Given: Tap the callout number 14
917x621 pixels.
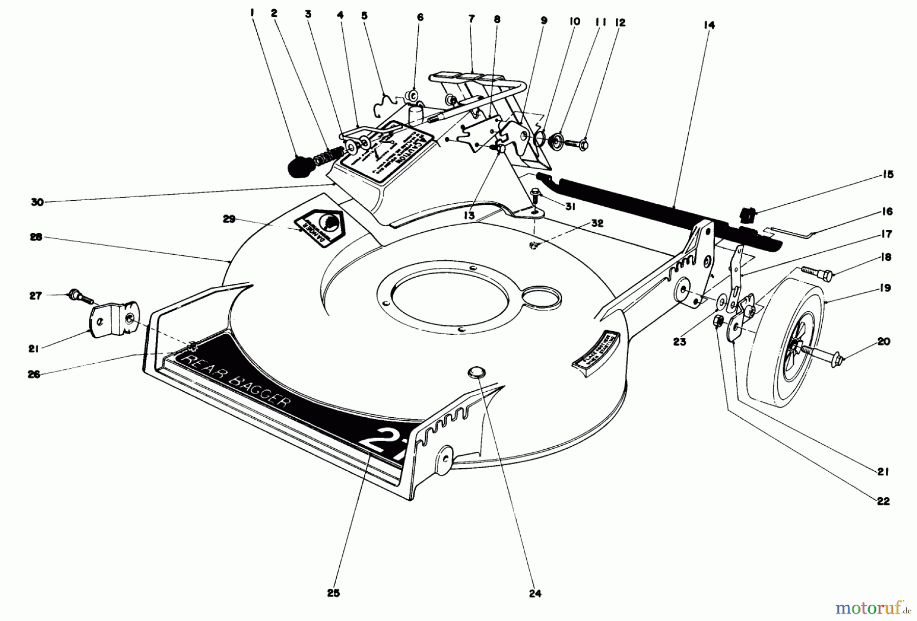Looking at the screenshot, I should click(710, 25).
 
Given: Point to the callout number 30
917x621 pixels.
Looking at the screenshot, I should click(37, 202).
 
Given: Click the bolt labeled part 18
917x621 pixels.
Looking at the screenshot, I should click(817, 273).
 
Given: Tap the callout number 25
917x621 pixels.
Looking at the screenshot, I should click(333, 593).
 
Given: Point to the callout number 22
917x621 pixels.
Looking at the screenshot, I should click(883, 501).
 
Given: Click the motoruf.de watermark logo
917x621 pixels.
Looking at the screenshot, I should click(868, 607).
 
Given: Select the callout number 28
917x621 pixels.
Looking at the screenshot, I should click(36, 237).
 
